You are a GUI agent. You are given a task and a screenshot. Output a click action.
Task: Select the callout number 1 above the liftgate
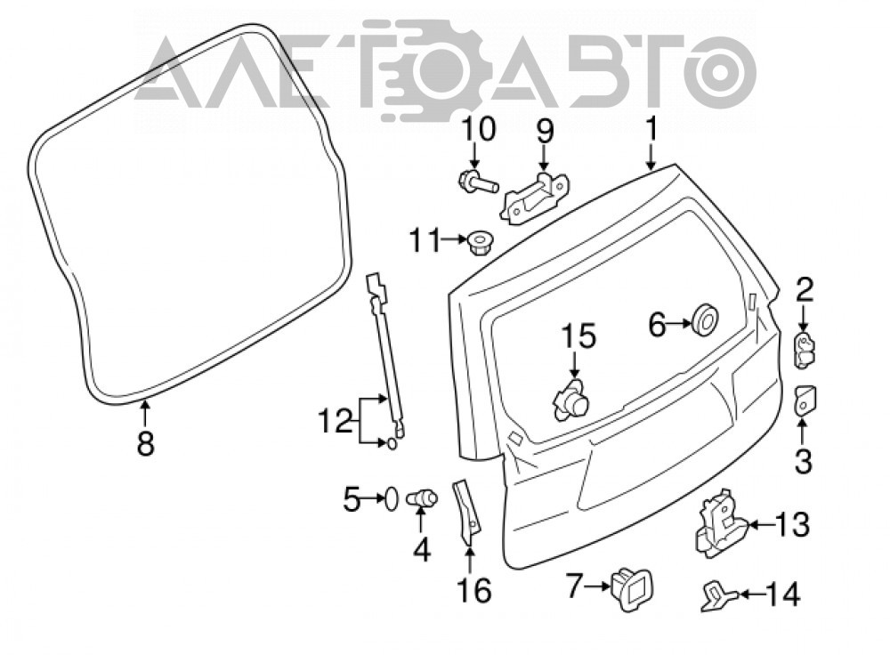click(x=651, y=128)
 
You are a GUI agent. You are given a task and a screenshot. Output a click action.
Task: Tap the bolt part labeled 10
click(x=477, y=182)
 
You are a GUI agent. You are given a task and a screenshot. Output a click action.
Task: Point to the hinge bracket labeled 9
click(x=534, y=197)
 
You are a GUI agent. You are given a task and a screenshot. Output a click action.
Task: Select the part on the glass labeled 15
click(x=571, y=400)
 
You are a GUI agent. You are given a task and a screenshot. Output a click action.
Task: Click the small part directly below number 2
click(x=805, y=351)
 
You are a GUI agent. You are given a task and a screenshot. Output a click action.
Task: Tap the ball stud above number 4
click(x=422, y=498)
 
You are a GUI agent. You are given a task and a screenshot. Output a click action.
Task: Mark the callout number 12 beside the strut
click(x=336, y=423)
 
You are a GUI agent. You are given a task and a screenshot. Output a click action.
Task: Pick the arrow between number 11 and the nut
click(x=455, y=240)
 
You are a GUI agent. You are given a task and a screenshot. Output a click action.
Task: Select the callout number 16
click(x=474, y=591)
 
